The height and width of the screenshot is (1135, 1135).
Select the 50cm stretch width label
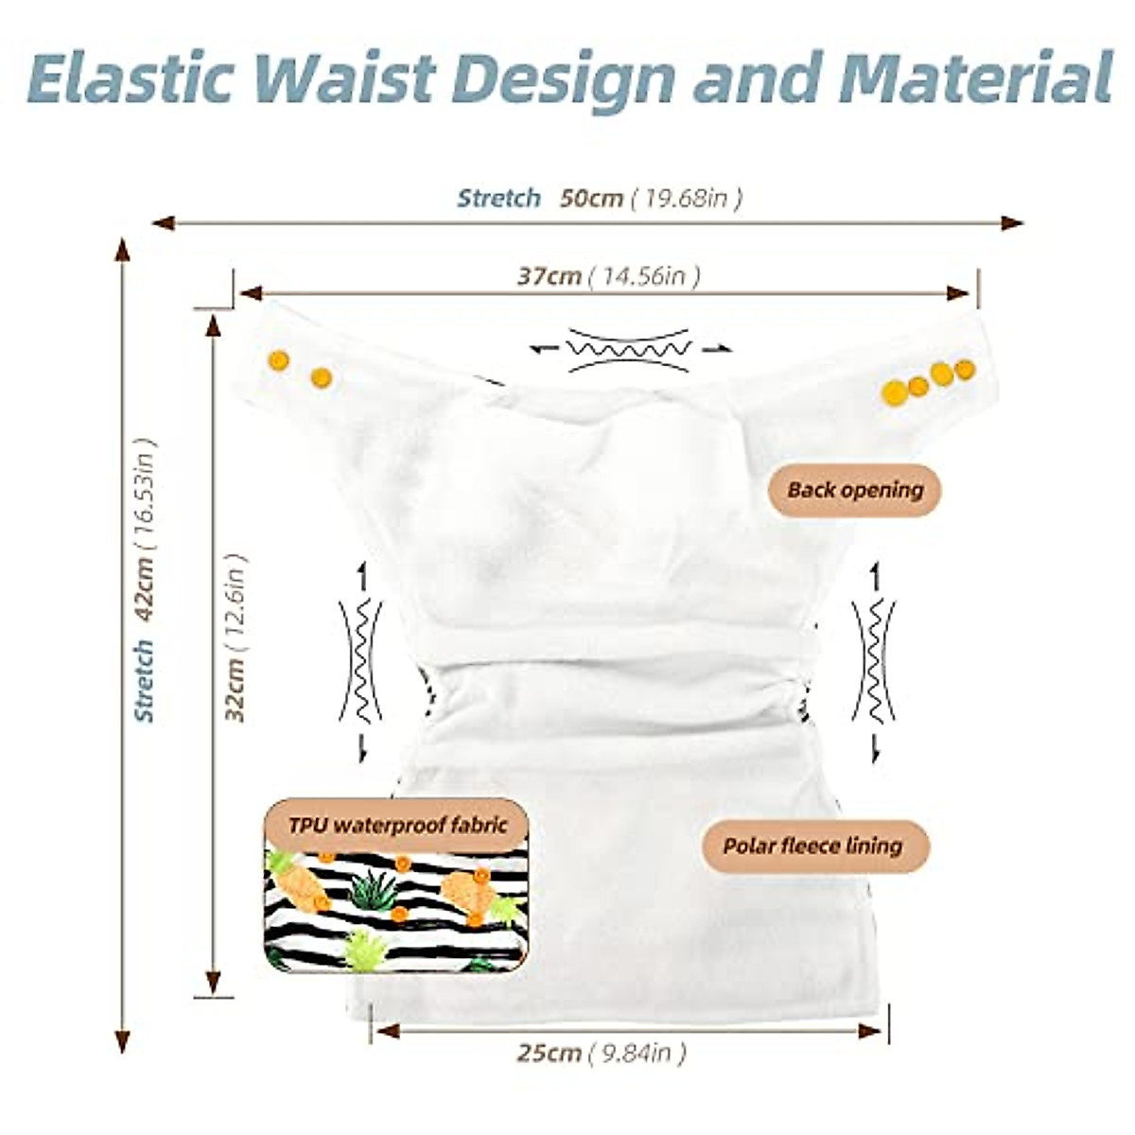591,198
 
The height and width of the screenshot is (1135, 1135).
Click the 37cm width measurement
550,276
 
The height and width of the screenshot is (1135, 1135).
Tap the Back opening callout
855,490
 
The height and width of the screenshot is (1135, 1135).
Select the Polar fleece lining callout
812,845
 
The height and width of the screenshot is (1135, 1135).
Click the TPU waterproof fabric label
397,825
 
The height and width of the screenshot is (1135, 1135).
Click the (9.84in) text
637,1053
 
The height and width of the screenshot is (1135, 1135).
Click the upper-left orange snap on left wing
278,359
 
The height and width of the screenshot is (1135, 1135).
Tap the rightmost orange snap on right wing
965,369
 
